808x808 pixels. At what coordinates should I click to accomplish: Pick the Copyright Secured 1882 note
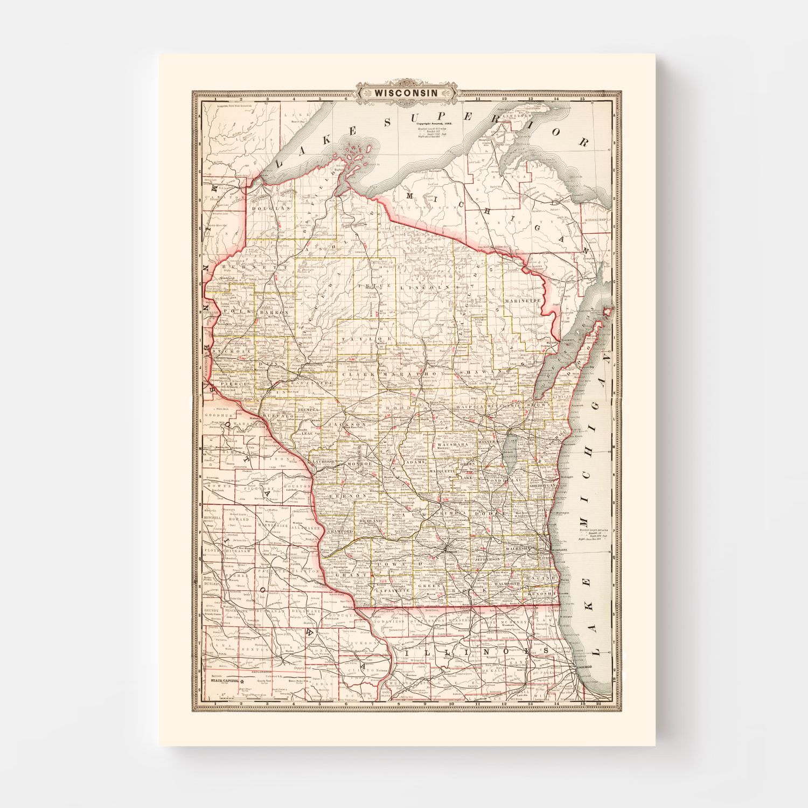pyautogui.click(x=434, y=123)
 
